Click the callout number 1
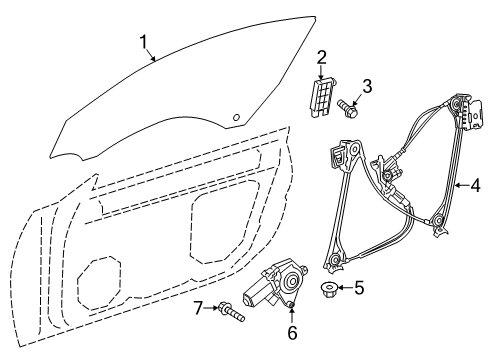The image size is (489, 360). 144,42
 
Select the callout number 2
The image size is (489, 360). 321,58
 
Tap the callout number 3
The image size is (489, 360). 367,86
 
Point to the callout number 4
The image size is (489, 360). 475,185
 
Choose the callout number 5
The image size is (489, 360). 359,287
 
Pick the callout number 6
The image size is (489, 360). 292,333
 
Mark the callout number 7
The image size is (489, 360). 198,308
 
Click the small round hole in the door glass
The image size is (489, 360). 236,117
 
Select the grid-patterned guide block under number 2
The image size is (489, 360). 322,97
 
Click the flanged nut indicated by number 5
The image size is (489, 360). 329,290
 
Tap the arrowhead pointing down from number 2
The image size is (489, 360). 321,76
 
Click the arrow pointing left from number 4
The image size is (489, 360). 461,185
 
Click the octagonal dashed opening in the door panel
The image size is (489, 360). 99,283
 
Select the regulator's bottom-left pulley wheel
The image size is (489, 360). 335,259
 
